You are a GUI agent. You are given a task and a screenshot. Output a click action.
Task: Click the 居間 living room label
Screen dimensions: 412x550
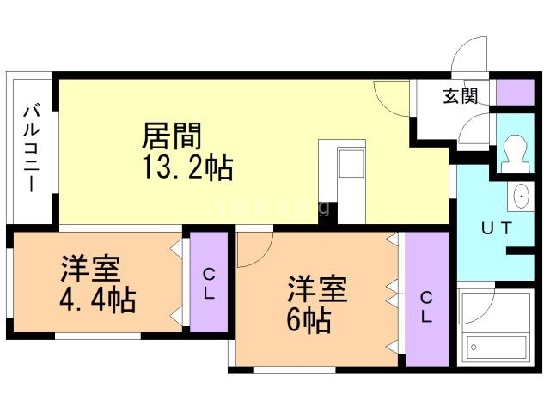[x=172, y=136]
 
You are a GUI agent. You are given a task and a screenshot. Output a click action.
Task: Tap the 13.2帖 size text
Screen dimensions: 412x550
[x=186, y=167]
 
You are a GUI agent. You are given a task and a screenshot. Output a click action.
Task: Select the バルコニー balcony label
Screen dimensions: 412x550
[x=31, y=147]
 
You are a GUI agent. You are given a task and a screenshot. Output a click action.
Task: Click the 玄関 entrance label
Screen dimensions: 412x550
[x=461, y=96]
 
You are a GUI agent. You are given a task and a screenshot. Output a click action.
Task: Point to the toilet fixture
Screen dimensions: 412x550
[x=516, y=152]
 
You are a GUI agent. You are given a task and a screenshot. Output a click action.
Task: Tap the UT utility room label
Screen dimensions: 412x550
[x=496, y=228]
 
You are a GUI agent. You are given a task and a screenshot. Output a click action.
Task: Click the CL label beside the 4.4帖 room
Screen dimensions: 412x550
[x=209, y=282]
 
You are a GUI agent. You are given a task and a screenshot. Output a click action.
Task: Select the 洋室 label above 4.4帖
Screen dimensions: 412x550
[x=89, y=270]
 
